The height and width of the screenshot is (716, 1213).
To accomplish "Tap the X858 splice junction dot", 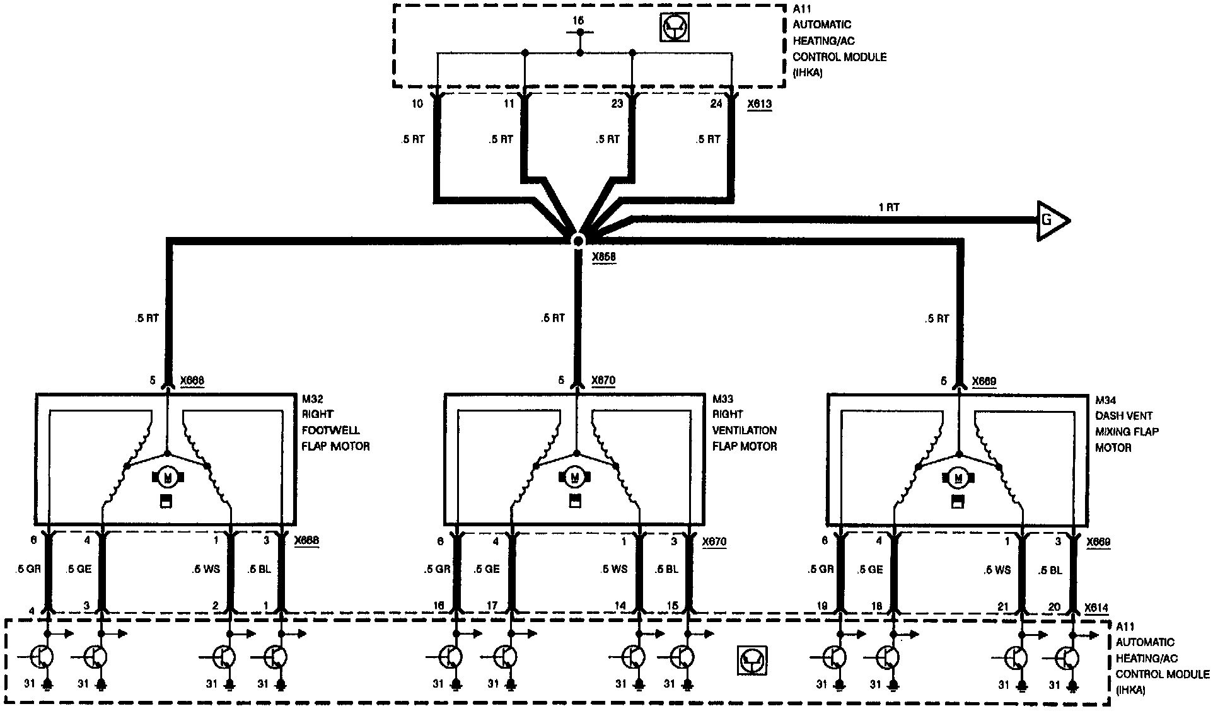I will (x=577, y=240).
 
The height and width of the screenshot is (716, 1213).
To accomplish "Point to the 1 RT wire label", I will (x=889, y=207).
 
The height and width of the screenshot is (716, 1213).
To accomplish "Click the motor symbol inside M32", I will (x=167, y=478).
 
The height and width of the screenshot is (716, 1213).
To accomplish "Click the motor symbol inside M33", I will (x=574, y=477).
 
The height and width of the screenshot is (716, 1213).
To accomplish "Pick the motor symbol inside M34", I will (x=958, y=478).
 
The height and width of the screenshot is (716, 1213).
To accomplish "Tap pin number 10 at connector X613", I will (x=417, y=103).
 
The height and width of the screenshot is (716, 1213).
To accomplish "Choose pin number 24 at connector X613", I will (x=716, y=103).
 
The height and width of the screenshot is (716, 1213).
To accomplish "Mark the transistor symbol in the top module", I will (x=674, y=28).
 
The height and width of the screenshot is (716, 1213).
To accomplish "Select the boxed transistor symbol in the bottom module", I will (x=752, y=662).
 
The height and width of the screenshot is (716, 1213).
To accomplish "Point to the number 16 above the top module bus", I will (x=578, y=21).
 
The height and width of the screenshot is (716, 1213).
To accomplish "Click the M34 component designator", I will (x=1106, y=400).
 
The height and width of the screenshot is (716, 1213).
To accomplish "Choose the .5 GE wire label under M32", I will (x=79, y=569).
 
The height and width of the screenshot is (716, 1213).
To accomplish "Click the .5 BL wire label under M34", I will (x=1050, y=570).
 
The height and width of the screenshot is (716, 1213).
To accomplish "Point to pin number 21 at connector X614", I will (x=1003, y=607).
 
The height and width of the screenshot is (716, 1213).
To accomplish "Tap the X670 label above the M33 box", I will (x=603, y=381).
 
